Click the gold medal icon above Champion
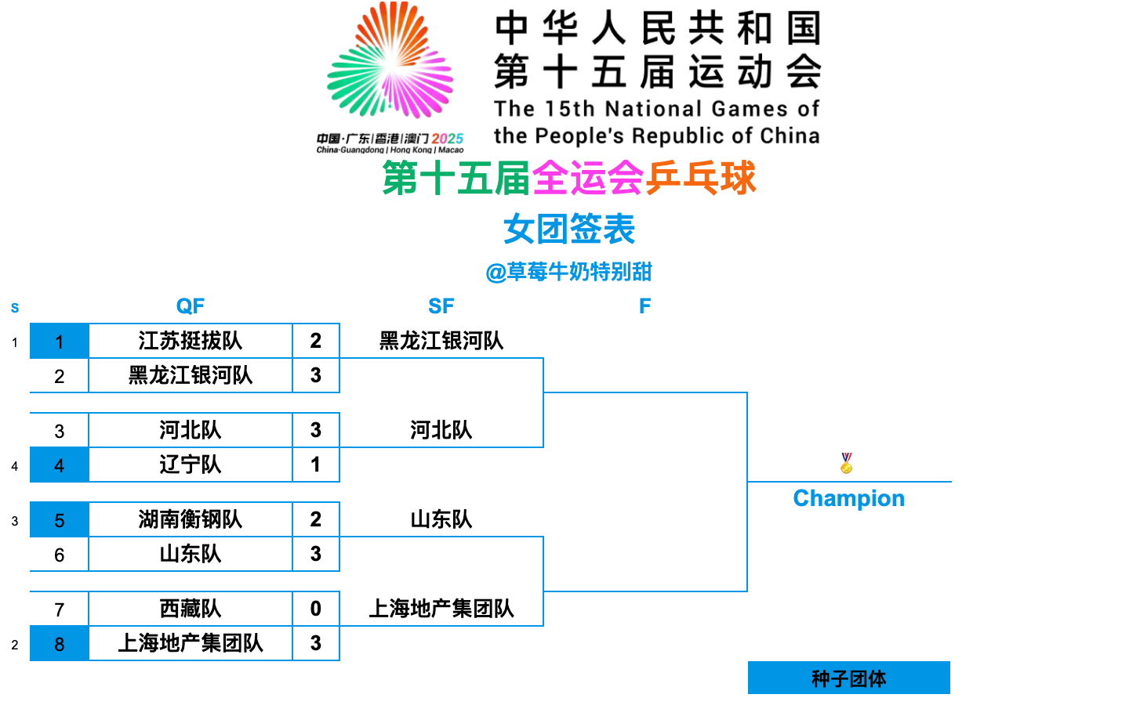(x=846, y=463)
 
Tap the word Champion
(x=848, y=498)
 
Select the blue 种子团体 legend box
(x=848, y=678)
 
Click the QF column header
(x=190, y=306)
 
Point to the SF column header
(x=441, y=306)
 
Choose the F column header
(x=644, y=306)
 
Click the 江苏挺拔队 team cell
(x=190, y=341)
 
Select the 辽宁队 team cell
(x=190, y=465)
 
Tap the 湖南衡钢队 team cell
(x=190, y=519)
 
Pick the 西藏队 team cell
(x=190, y=609)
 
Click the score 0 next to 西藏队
(x=315, y=609)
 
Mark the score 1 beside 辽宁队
(x=315, y=465)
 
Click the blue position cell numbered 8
(x=59, y=644)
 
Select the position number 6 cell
(x=59, y=555)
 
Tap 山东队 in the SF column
(x=441, y=519)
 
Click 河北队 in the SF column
(x=441, y=430)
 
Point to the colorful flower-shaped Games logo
(x=390, y=63)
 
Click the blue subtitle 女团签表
(x=568, y=230)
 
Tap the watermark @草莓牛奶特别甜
(x=568, y=272)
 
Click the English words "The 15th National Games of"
(x=656, y=109)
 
